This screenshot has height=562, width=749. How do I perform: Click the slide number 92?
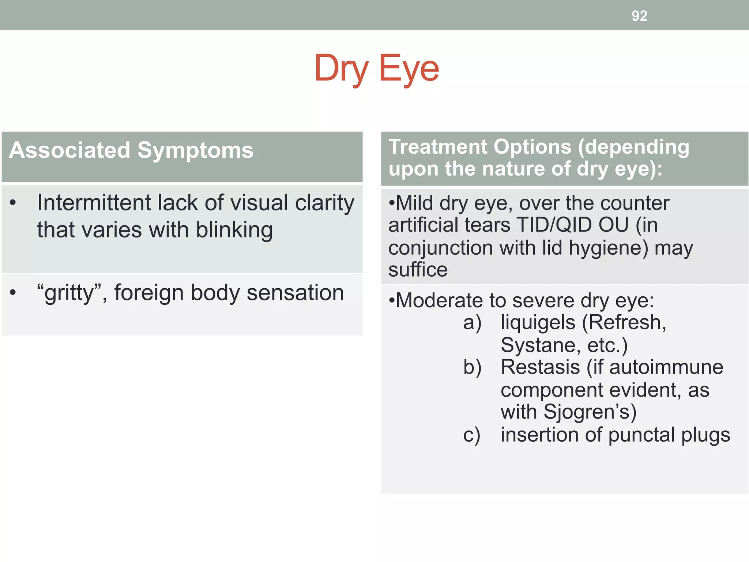tap(639, 16)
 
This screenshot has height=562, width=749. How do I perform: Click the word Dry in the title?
tap(341, 68)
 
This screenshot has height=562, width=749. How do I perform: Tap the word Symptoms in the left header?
tap(195, 150)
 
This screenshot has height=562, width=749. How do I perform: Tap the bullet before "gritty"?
tap(13, 293)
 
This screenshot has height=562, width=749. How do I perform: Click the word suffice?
tap(418, 270)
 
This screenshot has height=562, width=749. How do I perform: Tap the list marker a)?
tap(472, 323)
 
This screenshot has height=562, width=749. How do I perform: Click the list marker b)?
tap(472, 367)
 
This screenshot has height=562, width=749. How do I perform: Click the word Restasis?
tap(540, 367)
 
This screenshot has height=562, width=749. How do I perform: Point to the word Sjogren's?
tap(590, 412)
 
